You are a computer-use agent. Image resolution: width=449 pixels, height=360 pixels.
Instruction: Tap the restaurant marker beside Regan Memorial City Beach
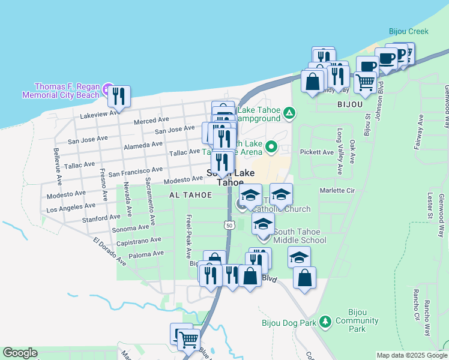[119, 97]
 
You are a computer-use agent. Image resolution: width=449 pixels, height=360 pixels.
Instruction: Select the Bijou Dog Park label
[289, 322]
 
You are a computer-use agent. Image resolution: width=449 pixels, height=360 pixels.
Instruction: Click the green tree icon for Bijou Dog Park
[325, 322]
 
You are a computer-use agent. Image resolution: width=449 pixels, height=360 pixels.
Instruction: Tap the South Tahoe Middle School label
[300, 236]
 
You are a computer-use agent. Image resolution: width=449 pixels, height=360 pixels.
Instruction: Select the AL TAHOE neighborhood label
[190, 195]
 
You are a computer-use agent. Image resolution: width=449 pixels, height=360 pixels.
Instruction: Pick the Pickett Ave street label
[316, 152]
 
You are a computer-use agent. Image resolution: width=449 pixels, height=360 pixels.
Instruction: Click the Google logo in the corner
[20, 353]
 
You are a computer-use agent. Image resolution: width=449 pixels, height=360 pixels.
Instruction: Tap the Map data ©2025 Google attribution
[412, 355]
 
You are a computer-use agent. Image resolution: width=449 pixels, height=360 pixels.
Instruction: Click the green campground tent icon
[289, 112]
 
